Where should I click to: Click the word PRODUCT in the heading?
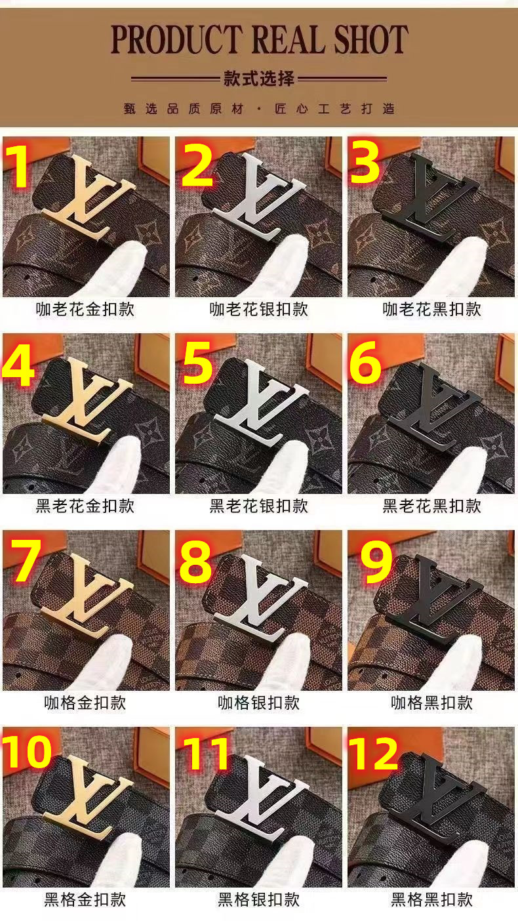(175, 39)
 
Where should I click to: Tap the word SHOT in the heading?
(370, 39)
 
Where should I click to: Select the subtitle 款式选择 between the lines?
(258, 78)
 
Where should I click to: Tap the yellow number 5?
(198, 363)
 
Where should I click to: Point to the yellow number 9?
(376, 561)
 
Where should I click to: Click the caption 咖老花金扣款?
(85, 309)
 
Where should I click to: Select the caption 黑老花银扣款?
(258, 506)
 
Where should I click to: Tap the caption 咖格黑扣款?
(431, 703)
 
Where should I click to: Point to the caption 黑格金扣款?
(85, 899)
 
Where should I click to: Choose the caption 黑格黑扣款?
(431, 899)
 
